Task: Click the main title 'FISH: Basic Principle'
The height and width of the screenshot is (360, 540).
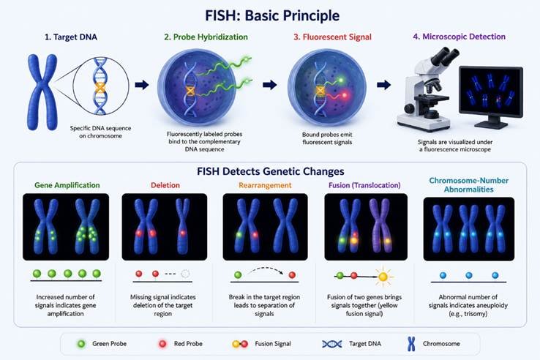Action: (272, 16)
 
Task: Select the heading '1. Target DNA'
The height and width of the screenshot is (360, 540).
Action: (71, 37)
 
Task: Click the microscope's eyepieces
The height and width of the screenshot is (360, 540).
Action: (445, 56)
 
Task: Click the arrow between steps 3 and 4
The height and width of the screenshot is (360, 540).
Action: (383, 85)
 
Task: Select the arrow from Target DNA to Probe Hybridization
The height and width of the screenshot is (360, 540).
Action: (141, 85)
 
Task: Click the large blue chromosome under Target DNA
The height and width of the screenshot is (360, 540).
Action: (42, 92)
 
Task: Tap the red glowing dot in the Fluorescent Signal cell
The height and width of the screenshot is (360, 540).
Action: (345, 94)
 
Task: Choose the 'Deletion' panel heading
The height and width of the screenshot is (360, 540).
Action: (165, 185)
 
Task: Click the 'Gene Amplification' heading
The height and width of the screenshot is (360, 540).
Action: (67, 185)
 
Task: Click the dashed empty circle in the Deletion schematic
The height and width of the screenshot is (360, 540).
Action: (185, 274)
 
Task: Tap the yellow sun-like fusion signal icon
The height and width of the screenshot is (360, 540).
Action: (383, 277)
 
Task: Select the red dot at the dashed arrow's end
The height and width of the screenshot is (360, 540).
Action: (292, 275)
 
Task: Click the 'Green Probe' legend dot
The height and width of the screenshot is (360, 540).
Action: (81, 343)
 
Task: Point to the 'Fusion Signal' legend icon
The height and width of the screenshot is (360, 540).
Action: (240, 344)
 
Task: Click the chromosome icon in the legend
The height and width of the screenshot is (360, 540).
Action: (411, 344)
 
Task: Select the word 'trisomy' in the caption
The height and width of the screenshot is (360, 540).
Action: (476, 314)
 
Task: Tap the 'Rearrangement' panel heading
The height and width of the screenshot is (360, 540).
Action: (265, 185)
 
